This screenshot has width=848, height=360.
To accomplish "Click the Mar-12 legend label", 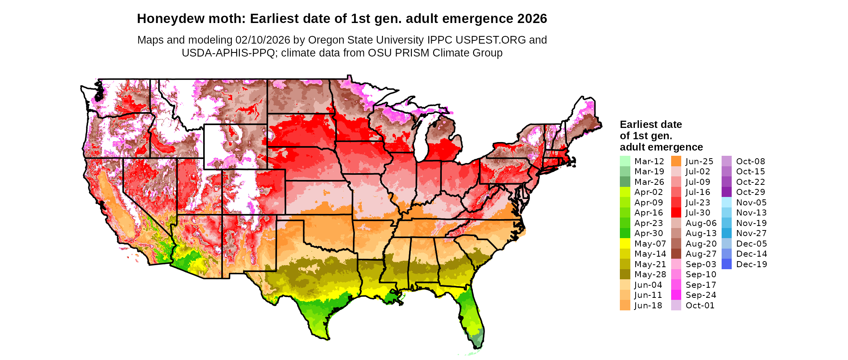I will pyautogui.click(x=649, y=161).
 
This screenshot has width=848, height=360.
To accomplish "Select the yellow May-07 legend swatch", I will pyautogui.click(x=625, y=244).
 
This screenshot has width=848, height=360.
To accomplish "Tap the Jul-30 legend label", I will pyautogui.click(x=698, y=213).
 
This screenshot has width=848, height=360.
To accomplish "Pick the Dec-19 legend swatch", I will pyautogui.click(x=726, y=264).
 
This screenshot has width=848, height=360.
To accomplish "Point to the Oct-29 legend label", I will pyautogui.click(x=750, y=192).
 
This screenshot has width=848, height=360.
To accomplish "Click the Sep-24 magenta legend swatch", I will pyautogui.click(x=676, y=295).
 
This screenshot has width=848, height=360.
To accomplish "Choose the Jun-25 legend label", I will pyautogui.click(x=699, y=161).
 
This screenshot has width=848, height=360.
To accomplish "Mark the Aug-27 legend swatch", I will pyautogui.click(x=676, y=254).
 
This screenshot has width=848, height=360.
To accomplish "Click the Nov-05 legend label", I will pyautogui.click(x=751, y=203).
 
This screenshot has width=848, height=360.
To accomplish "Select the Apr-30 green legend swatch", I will pyautogui.click(x=625, y=233).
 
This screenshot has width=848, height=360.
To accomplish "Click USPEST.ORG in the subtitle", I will pyautogui.click(x=490, y=40).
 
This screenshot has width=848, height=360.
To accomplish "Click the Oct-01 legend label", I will pyautogui.click(x=700, y=306).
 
